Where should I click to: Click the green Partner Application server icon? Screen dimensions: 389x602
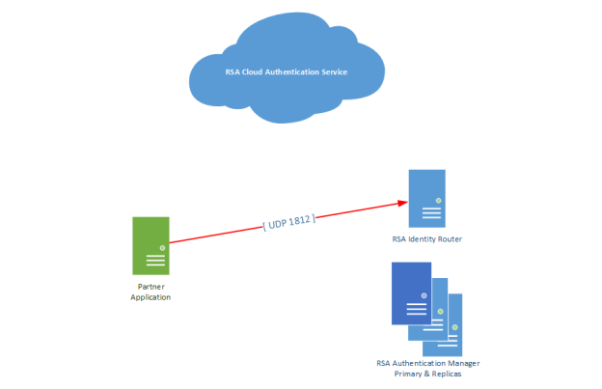tap(150, 244)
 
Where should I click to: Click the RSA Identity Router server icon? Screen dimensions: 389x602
tap(426, 198)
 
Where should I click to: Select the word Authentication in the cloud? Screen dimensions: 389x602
tap(281, 72)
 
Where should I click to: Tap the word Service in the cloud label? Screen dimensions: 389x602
tap(327, 72)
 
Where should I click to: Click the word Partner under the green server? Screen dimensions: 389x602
tap(150, 287)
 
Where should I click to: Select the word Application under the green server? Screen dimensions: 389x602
tap(150, 297)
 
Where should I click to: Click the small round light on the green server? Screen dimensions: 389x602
tap(162, 248)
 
